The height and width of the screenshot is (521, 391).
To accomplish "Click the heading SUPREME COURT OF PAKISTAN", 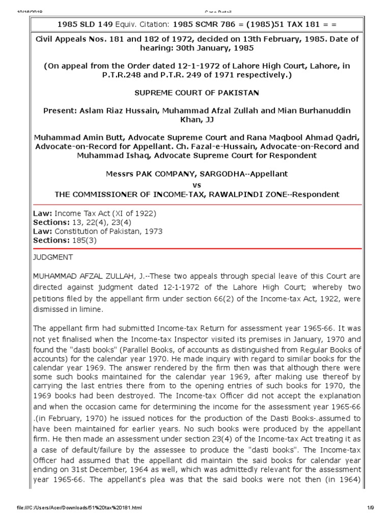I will click(196, 93).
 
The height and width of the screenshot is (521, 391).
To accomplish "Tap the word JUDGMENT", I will click(52, 257).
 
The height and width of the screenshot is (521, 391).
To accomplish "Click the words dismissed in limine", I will click(65, 308).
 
